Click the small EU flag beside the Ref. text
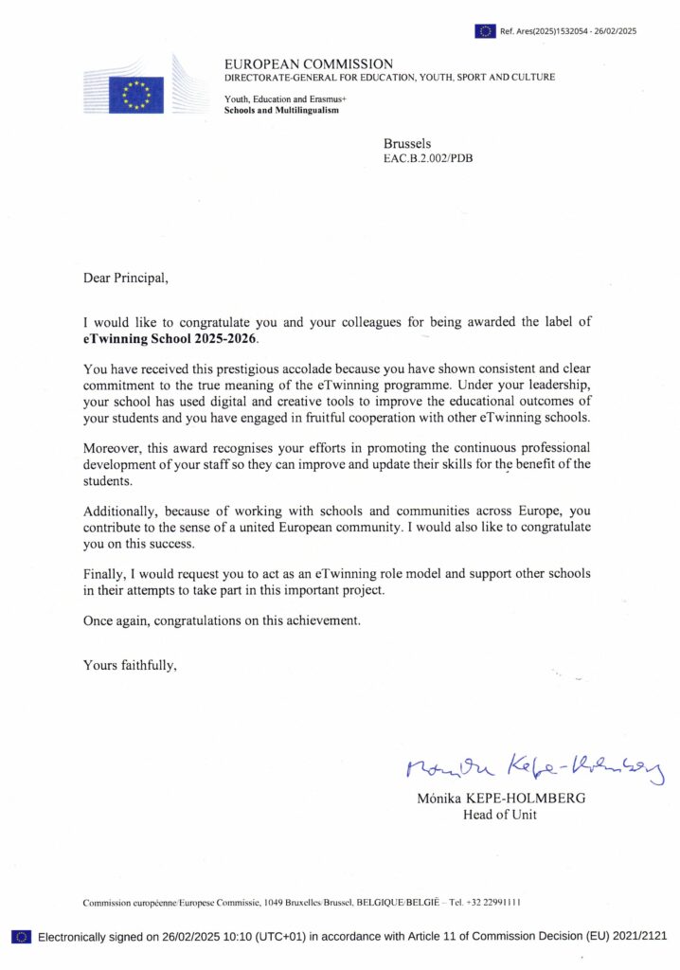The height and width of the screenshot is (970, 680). [485, 31]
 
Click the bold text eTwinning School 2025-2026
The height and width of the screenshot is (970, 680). [170, 338]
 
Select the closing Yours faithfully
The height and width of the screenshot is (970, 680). [130, 664]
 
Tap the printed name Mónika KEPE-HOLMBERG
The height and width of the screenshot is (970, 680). [501, 798]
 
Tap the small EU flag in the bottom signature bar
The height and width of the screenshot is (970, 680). [21, 937]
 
